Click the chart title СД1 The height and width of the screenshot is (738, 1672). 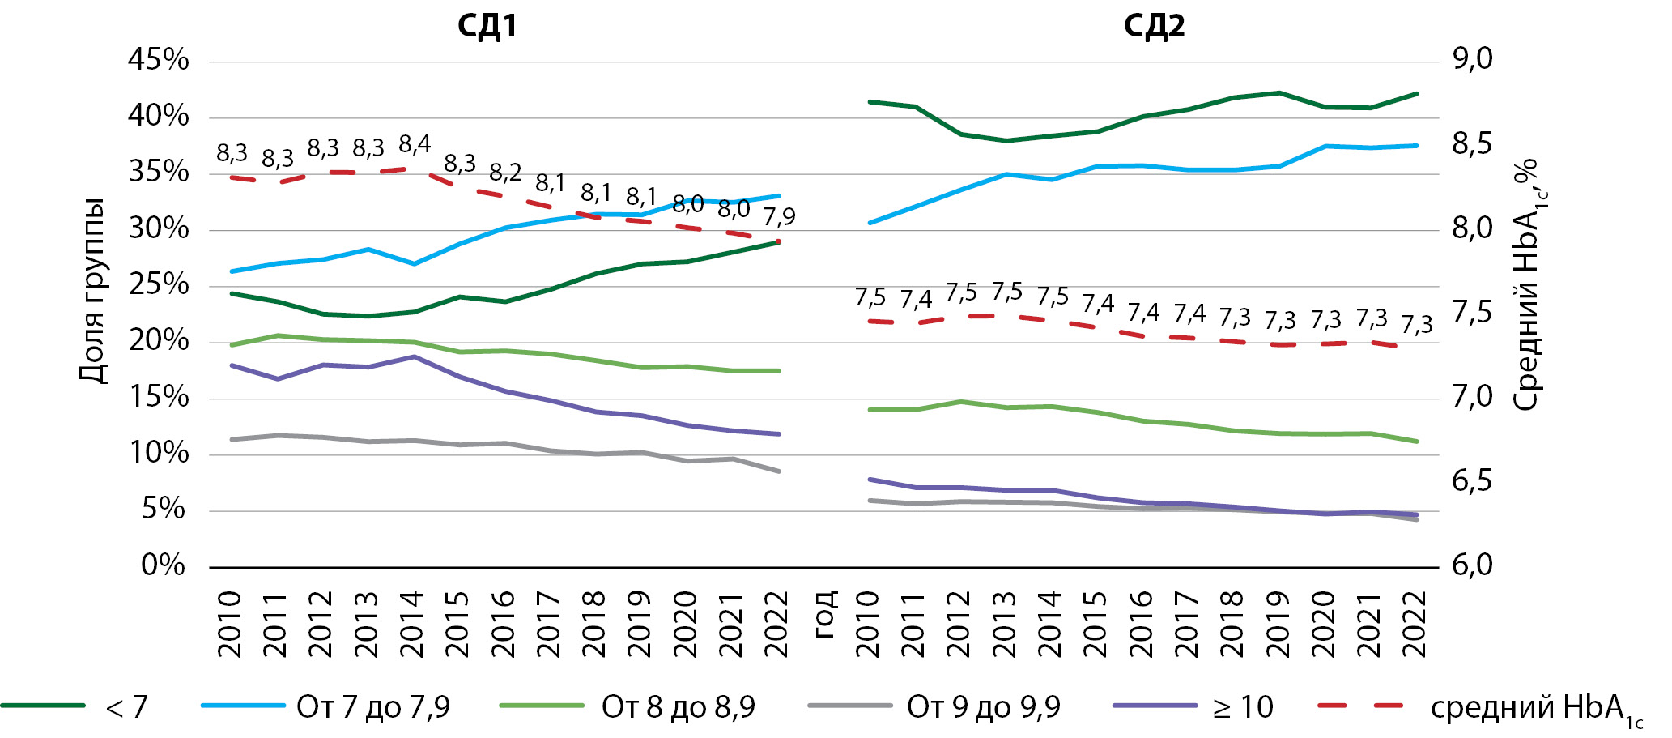(x=487, y=26)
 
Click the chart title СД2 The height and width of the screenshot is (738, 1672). (x=1154, y=26)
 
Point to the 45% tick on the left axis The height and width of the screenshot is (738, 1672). (x=159, y=60)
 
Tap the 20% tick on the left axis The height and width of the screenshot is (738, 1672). (x=159, y=341)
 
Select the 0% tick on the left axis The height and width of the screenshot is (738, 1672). (x=164, y=565)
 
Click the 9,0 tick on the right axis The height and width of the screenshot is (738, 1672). (x=1473, y=59)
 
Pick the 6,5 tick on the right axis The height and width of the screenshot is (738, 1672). (x=1472, y=481)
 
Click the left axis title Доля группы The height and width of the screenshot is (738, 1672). (x=93, y=290)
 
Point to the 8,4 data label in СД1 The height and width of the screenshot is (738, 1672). (x=415, y=145)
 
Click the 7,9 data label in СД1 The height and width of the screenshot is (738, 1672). (x=779, y=217)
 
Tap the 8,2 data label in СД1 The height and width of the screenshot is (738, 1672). (x=505, y=173)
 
